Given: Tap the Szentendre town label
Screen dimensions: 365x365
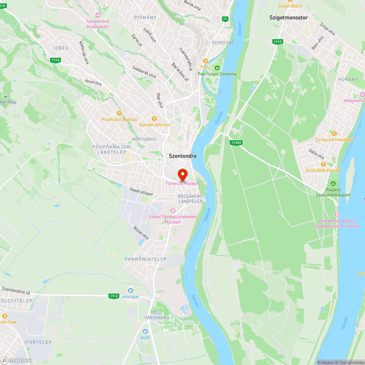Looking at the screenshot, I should (x=182, y=156).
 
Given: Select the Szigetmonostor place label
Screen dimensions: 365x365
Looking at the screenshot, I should (x=288, y=18).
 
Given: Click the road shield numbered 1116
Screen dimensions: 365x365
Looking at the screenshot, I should (x=55, y=60).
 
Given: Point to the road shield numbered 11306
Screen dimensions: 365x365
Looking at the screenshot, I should (x=236, y=142).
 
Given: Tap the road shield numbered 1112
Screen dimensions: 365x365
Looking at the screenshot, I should (x=114, y=296).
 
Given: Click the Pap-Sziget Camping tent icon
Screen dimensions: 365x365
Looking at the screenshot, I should (x=217, y=68).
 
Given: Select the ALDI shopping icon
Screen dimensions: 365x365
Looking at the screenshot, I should (x=145, y=331).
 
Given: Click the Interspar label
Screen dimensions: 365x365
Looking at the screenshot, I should (x=131, y=297).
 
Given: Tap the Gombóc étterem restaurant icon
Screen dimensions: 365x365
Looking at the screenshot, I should (x=154, y=119).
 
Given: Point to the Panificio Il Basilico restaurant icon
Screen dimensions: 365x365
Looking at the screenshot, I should (x=119, y=113).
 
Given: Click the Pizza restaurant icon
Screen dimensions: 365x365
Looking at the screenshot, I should (x=205, y=61).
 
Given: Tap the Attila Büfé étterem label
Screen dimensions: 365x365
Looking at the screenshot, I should (x=323, y=170).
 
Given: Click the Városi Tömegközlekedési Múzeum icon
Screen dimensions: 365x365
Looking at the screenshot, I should (x=173, y=210).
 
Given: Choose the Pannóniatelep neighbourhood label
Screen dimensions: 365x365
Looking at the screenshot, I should (x=146, y=259).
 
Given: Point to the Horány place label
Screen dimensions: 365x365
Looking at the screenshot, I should (x=343, y=79).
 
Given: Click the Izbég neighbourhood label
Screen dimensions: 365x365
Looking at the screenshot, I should (x=61, y=48).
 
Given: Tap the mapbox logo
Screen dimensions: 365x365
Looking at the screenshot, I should (x=16, y=360).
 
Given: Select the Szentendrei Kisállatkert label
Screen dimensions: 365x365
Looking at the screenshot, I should (x=97, y=24).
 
